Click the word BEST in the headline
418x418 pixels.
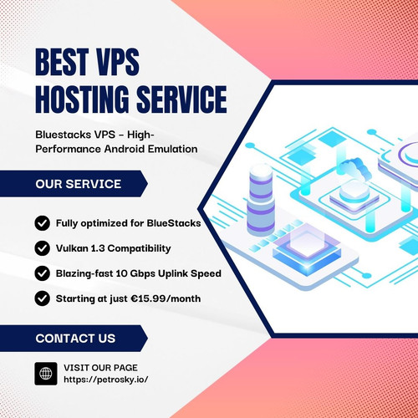(62, 62)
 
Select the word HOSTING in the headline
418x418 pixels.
(82, 99)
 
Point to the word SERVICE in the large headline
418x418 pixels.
(181, 99)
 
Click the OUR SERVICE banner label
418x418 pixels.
(79, 184)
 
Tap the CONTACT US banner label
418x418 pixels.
(75, 339)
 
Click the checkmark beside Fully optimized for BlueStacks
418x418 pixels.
(43, 223)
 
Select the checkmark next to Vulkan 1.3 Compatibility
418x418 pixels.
(43, 248)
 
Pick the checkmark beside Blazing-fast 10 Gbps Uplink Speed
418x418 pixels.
(43, 273)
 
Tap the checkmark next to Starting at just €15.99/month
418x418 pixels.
(43, 298)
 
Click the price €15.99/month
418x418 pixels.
(166, 298)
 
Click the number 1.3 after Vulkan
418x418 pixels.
(98, 248)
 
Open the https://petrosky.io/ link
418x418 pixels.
(106, 380)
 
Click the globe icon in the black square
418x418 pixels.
(46, 374)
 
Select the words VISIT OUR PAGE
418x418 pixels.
(100, 368)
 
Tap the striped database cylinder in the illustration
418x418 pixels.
(261, 200)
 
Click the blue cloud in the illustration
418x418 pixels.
(354, 168)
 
